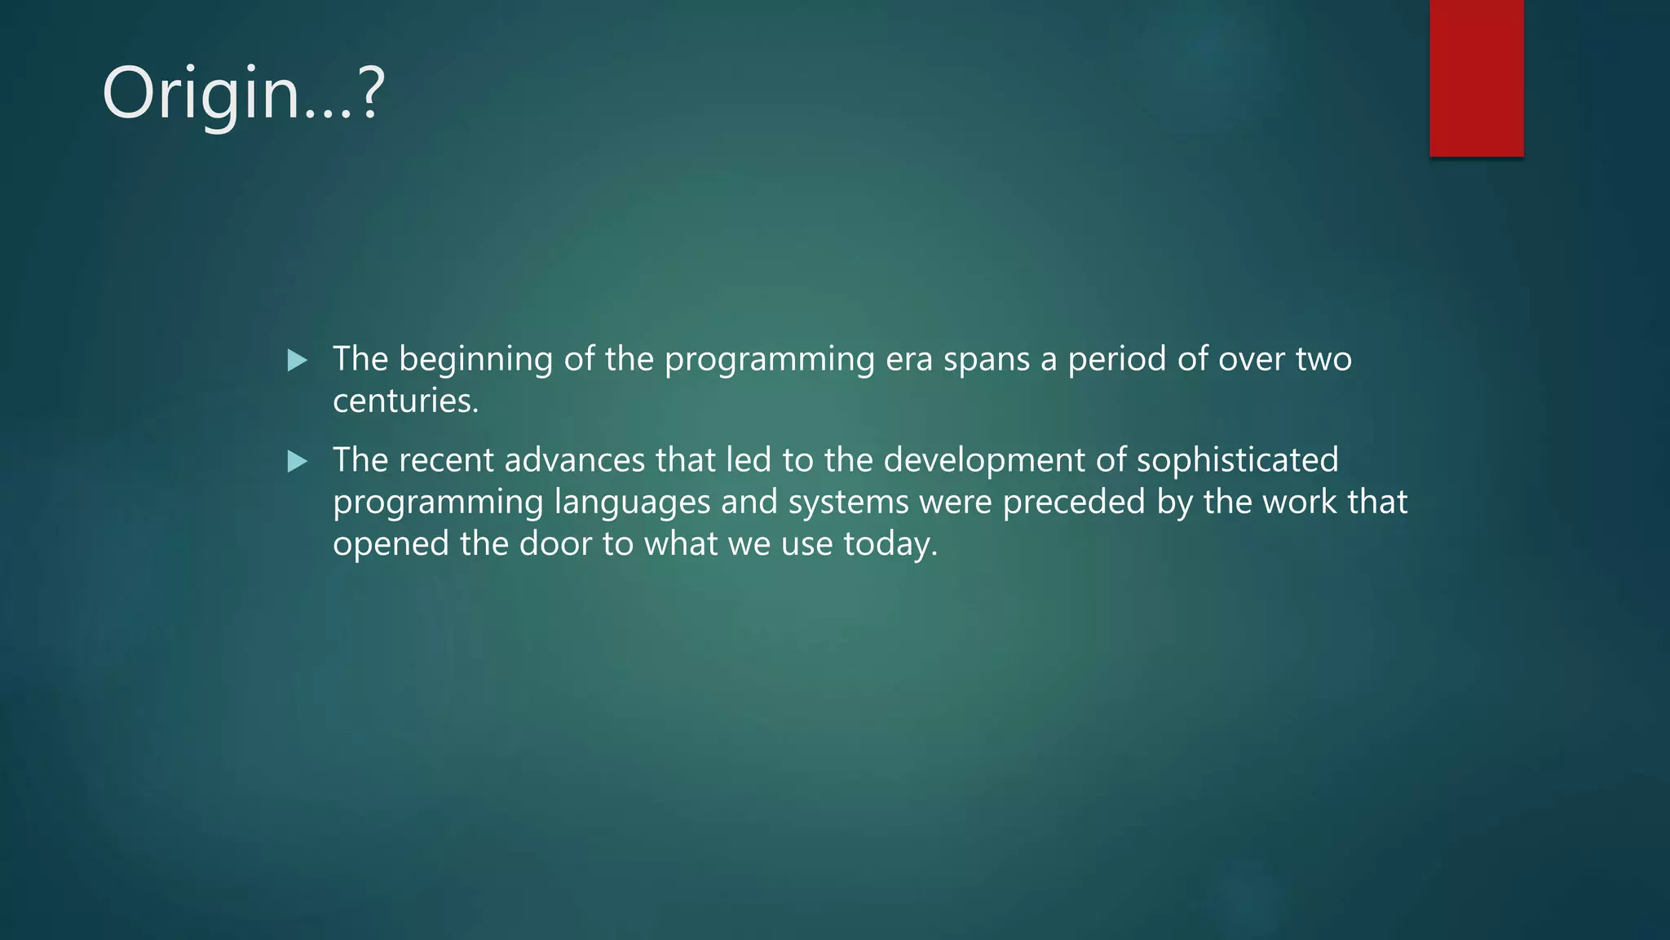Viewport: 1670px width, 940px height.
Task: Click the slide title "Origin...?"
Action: tap(243, 94)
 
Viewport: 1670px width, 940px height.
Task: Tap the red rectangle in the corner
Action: tap(1476, 78)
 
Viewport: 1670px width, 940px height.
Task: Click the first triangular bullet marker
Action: tap(298, 360)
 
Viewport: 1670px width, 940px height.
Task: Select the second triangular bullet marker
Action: tap(298, 462)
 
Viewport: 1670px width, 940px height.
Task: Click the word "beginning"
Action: tap(475, 360)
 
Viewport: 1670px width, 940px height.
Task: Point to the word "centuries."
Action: tap(405, 401)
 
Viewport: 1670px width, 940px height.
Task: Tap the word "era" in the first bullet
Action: tap(909, 360)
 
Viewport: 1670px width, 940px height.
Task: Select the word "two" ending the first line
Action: tap(1324, 360)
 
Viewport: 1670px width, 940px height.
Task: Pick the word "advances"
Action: tap(575, 461)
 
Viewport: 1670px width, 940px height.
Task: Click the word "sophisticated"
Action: tap(1237, 461)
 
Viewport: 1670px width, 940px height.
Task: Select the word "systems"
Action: tap(848, 503)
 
